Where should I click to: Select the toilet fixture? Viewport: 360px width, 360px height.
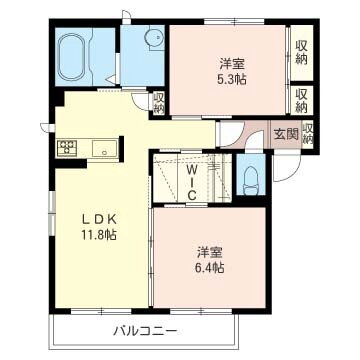click(250, 183)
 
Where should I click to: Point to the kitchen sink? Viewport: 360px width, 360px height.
click(104, 149)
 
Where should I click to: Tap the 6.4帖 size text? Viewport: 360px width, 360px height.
click(209, 268)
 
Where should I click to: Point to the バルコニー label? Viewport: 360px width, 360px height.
click(144, 330)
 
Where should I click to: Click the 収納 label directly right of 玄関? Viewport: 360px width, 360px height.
click(308, 134)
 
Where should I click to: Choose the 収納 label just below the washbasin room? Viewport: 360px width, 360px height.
click(158, 102)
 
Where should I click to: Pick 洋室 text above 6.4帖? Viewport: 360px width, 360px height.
click(209, 251)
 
